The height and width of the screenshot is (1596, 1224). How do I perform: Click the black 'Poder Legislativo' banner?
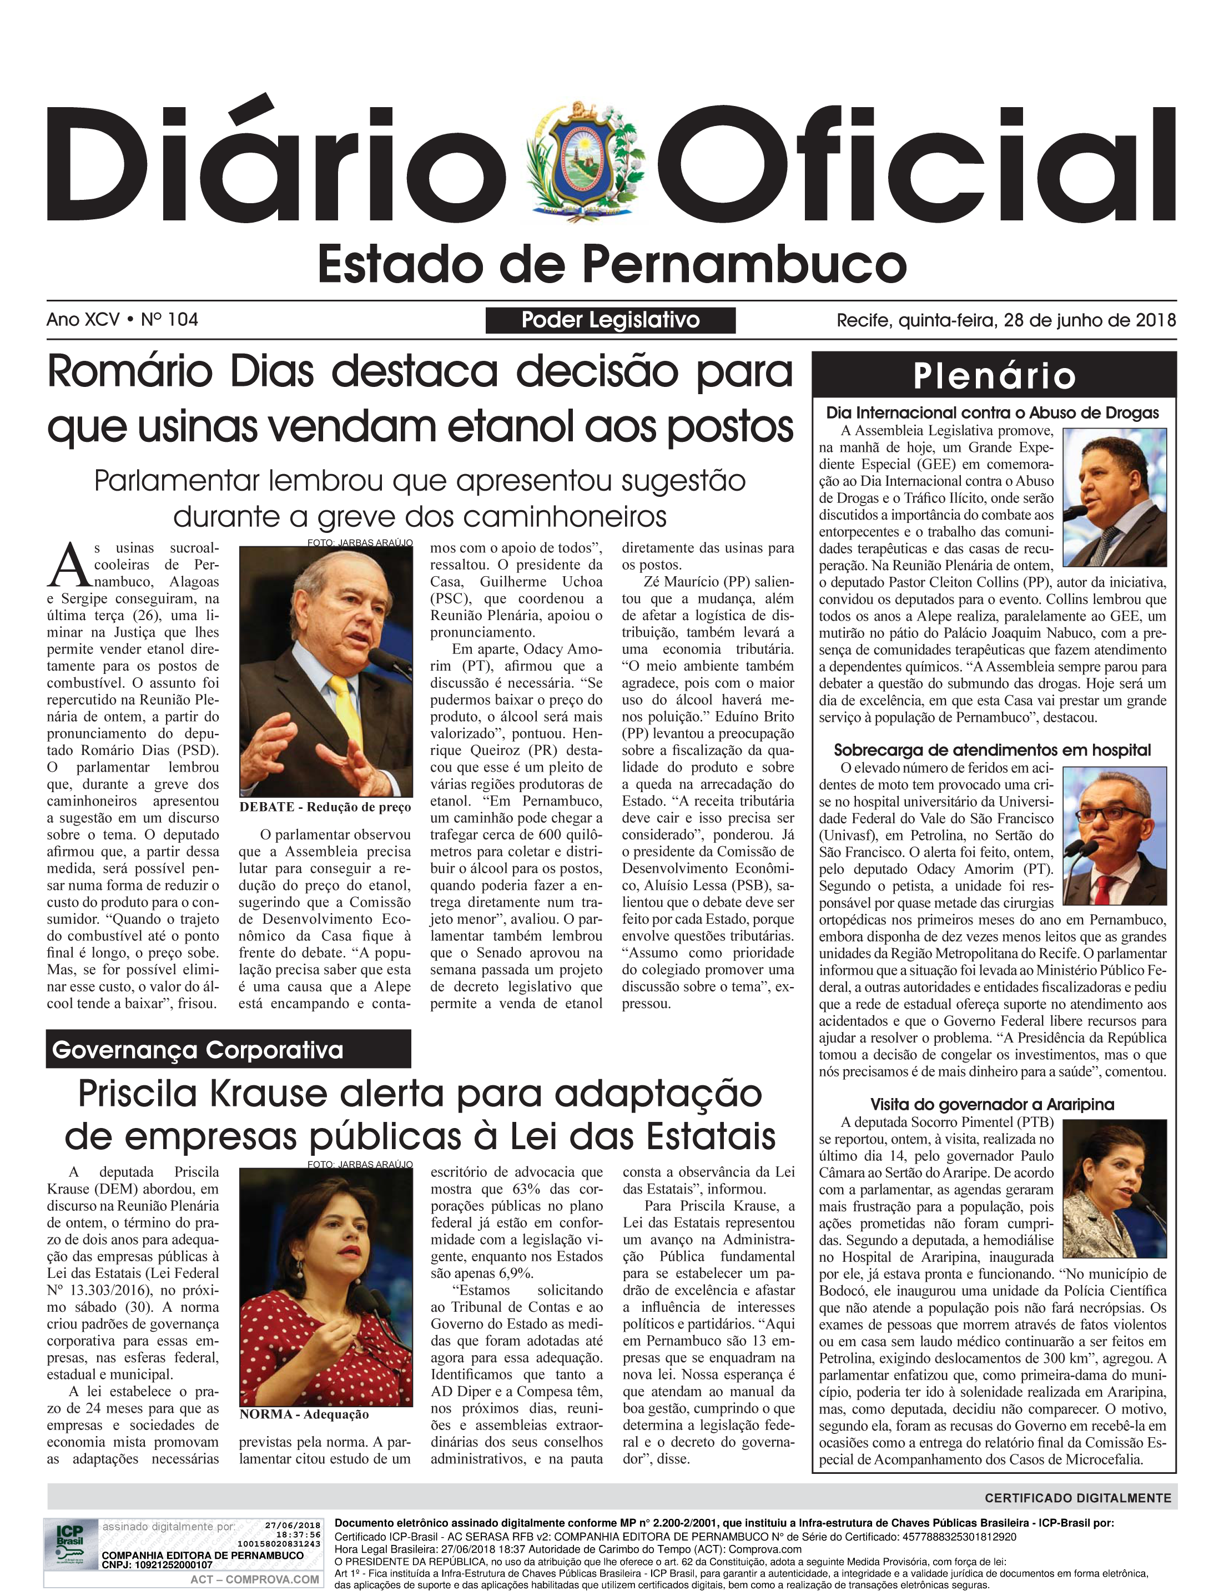[x=611, y=320]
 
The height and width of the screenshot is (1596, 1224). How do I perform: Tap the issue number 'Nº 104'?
[x=169, y=320]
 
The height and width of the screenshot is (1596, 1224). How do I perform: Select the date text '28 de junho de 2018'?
[x=1089, y=320]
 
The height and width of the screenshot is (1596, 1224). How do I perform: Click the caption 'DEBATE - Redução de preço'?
[x=325, y=807]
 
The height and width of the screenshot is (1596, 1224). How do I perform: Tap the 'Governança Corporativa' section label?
[x=198, y=1050]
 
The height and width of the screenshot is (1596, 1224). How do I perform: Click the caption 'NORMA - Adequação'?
[x=304, y=1414]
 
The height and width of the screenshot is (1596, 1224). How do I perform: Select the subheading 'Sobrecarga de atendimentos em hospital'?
[x=993, y=751]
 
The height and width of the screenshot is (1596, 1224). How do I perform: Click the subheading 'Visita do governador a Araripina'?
[x=993, y=1104]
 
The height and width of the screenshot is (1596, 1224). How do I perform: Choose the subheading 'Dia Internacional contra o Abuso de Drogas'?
[x=993, y=413]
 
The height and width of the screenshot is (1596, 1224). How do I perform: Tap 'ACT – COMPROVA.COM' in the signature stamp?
[x=254, y=1579]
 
